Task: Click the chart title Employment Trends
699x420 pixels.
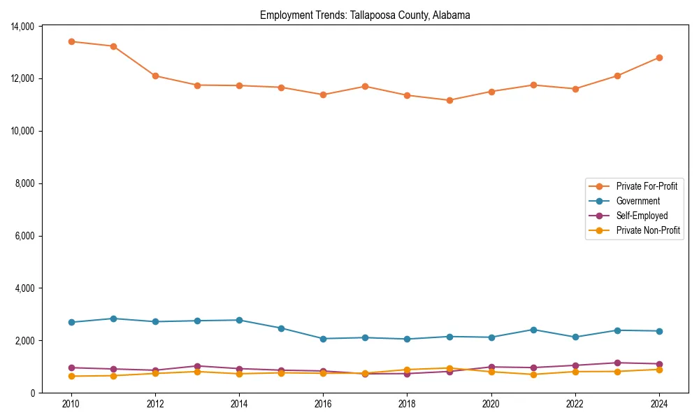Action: pos(365,15)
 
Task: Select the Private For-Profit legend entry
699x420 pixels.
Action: pos(646,186)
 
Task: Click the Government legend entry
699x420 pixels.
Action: pos(637,201)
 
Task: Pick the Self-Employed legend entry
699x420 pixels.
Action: pos(642,216)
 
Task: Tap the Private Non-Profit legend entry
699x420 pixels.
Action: pos(648,230)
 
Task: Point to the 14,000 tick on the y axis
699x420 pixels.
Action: pos(23,27)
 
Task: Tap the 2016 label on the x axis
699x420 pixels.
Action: pos(323,404)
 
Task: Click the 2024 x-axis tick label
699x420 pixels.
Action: pos(659,404)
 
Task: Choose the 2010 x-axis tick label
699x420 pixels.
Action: pos(71,404)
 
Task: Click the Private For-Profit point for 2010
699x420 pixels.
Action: pos(71,41)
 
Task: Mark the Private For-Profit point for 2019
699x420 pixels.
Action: pos(449,100)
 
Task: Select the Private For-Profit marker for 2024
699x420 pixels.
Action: pos(659,57)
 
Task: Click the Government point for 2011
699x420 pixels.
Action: pos(113,318)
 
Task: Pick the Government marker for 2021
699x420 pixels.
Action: pos(533,330)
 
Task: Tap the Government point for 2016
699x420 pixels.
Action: pos(323,339)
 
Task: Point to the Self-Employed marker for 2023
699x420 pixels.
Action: pos(617,363)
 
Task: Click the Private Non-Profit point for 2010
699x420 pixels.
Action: pos(71,376)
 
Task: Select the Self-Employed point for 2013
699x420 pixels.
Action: pos(197,366)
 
